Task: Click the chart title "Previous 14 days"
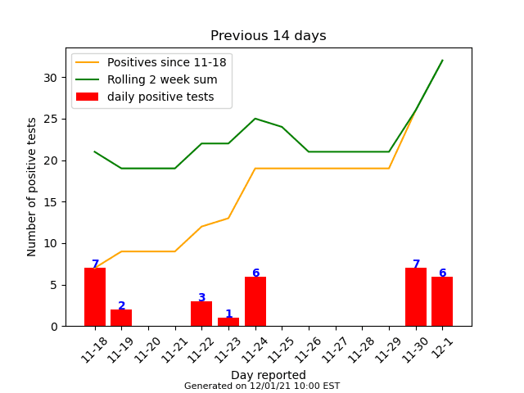tap(268, 36)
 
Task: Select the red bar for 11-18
tap(95, 297)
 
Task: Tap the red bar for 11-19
tap(121, 318)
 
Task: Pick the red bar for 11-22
tap(201, 314)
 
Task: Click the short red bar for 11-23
tap(228, 322)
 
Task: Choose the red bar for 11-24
tap(255, 301)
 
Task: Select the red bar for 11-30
tap(416, 297)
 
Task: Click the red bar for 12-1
tap(442, 301)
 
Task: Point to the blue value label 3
tap(201, 298)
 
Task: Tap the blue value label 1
tap(228, 314)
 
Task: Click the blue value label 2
tap(121, 306)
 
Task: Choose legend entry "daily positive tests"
tap(160, 97)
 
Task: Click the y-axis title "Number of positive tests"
tap(32, 187)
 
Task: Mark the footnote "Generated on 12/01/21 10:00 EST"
tap(262, 386)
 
